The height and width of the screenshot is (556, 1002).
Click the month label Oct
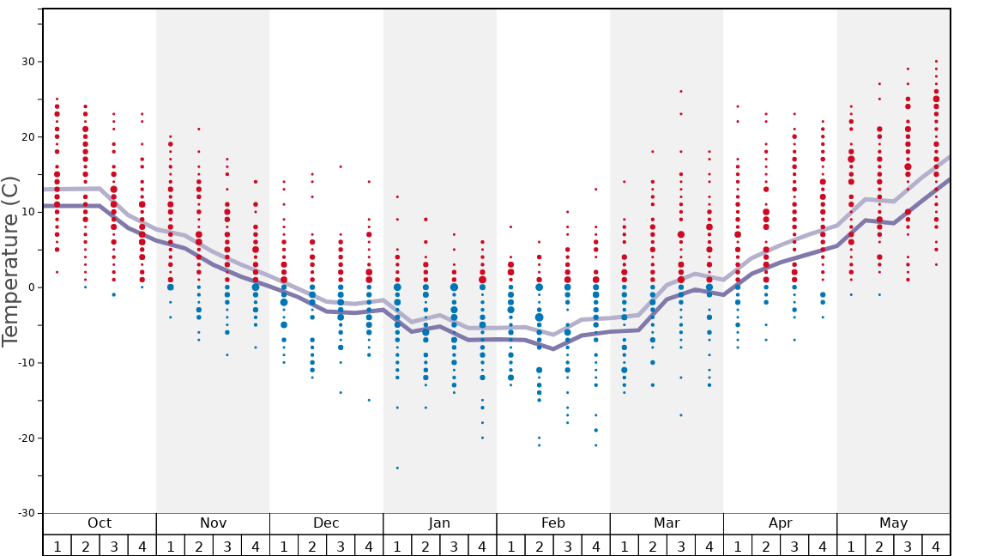(100, 523)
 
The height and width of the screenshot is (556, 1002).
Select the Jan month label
(439, 523)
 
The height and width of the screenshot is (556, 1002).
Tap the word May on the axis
(893, 523)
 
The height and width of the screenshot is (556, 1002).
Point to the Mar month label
(667, 523)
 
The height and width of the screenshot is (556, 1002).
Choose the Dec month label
(326, 523)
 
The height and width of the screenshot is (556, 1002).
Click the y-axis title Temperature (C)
(10, 261)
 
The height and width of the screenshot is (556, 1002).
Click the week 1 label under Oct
(57, 546)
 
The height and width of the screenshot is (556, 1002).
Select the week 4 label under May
(936, 546)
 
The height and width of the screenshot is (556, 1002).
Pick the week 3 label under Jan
(454, 546)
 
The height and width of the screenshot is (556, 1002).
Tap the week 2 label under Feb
(539, 546)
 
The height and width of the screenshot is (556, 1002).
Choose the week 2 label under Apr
(766, 546)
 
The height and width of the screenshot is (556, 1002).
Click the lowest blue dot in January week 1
(397, 468)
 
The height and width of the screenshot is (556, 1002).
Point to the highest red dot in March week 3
(681, 91)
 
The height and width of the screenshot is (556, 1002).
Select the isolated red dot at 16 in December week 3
(341, 166)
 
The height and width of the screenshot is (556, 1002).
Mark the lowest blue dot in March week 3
(681, 415)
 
